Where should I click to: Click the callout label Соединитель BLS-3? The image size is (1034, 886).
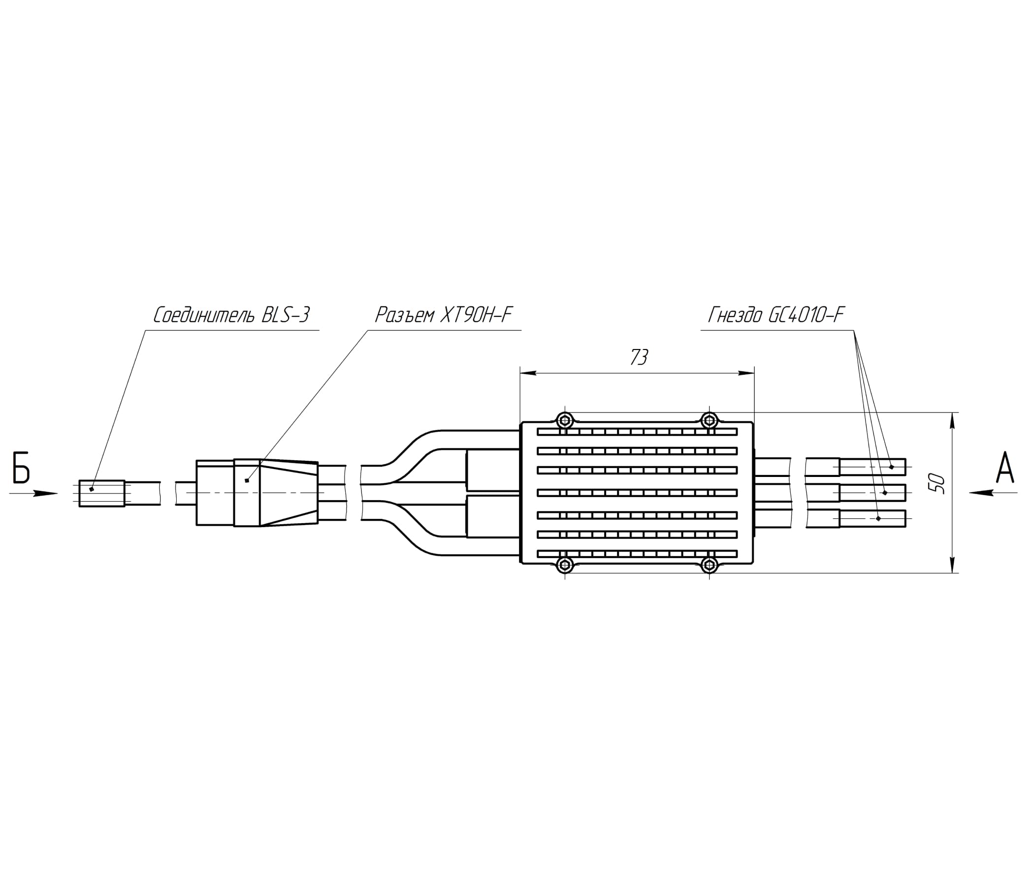tap(231, 316)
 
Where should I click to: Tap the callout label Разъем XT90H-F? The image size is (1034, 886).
tap(444, 316)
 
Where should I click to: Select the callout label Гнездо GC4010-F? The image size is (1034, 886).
tap(776, 316)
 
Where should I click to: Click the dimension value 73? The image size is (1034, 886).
tap(639, 357)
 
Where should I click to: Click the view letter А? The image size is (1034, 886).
tap(1005, 468)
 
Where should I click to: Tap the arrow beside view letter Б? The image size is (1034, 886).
tap(34, 493)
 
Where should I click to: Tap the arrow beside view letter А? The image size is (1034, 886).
tap(994, 493)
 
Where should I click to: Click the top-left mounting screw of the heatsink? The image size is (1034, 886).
tap(565, 420)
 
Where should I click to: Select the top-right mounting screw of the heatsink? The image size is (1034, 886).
tap(709, 420)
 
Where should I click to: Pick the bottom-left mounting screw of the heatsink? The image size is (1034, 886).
tap(565, 565)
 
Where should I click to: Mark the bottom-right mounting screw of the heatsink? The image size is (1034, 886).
tap(709, 565)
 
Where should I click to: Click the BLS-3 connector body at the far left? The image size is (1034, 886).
tap(102, 493)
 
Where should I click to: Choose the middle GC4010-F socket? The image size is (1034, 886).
tap(856, 493)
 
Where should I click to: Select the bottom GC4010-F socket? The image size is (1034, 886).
tap(856, 519)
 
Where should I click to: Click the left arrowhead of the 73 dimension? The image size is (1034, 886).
tap(528, 373)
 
